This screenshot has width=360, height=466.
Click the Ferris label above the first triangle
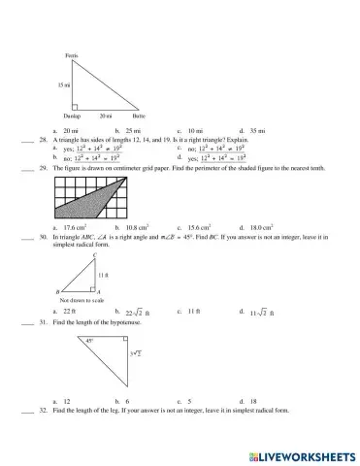[x=71, y=55]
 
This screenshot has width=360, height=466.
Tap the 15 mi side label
[x=64, y=85]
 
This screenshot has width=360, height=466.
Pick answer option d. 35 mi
[x=255, y=129]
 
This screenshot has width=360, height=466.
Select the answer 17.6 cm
[x=75, y=226]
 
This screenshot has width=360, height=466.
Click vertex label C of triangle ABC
[x=95, y=255]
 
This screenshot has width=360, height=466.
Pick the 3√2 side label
[x=136, y=358]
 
